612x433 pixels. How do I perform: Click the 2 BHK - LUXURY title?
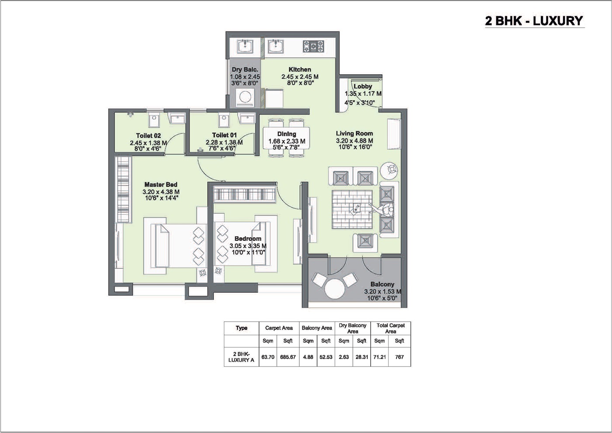click(x=534, y=21)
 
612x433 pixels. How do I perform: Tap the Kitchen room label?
click(x=300, y=69)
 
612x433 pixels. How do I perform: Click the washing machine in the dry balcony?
click(x=245, y=97)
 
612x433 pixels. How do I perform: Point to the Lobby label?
click(x=363, y=86)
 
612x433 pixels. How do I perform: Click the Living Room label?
click(x=354, y=134)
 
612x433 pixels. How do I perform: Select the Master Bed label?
click(x=161, y=185)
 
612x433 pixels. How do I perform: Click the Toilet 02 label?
click(x=148, y=136)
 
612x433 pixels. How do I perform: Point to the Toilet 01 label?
click(x=224, y=135)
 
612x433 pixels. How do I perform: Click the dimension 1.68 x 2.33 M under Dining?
click(x=287, y=141)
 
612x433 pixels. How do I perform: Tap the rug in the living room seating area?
click(x=352, y=210)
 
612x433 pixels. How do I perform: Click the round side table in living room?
click(x=389, y=169)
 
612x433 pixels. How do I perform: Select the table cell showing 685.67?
click(x=288, y=357)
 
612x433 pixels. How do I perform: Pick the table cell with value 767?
click(x=399, y=357)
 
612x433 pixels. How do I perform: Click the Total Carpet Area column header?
click(x=390, y=328)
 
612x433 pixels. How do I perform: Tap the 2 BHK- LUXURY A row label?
click(x=241, y=357)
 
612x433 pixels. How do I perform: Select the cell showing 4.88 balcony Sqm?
click(x=308, y=357)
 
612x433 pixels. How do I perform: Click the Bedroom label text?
click(x=248, y=239)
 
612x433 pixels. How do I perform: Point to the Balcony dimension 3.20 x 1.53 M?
click(x=382, y=292)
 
